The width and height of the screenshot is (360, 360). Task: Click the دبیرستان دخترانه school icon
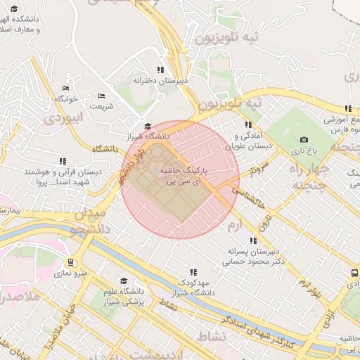160,70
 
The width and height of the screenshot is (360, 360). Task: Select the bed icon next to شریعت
101,96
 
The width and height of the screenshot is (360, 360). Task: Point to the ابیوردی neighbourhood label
63,117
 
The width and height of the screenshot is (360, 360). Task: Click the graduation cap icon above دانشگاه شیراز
147,127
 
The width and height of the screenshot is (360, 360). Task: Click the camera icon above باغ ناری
304,140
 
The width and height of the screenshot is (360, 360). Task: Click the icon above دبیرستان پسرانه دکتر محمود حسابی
253,240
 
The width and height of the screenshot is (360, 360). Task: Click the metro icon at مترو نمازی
70,262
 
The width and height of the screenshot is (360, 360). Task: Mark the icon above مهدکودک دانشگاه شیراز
193,271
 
